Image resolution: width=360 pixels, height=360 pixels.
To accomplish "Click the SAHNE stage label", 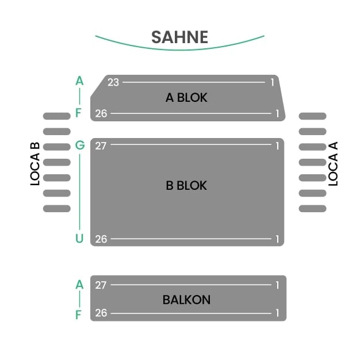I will coord(179,37).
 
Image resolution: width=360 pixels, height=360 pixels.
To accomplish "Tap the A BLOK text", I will coord(186,98).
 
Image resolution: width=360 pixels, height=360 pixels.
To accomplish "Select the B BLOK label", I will coord(186,186).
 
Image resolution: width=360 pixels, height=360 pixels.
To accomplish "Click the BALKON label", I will coord(186,300).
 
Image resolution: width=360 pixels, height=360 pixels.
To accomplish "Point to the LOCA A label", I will coord(333,163).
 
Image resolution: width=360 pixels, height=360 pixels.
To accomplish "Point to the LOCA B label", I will coord(35,163).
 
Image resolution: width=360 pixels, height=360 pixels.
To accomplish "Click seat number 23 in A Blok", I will coord(113,82).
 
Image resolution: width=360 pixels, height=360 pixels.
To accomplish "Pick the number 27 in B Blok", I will coord(101,146).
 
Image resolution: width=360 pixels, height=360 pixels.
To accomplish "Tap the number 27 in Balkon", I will coord(101,285).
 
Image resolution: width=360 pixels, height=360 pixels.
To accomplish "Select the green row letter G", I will coord(79,145).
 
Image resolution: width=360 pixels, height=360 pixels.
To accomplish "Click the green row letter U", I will coord(79,239).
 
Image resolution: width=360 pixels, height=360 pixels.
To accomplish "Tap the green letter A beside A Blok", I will coord(79,81).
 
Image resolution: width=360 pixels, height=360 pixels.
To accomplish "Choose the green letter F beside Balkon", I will coord(79,314).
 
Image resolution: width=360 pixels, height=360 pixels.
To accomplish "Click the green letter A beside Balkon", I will coord(79,284).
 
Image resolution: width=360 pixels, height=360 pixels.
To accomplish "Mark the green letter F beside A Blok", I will coord(79,113).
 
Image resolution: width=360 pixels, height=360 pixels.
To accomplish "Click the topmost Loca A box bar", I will coord(312,116).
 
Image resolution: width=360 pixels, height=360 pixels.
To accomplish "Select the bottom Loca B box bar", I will coord(57,208).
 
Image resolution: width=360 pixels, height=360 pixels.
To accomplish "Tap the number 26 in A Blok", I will coord(101,114).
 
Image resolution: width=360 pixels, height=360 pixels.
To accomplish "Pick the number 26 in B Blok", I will coord(101,239).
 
